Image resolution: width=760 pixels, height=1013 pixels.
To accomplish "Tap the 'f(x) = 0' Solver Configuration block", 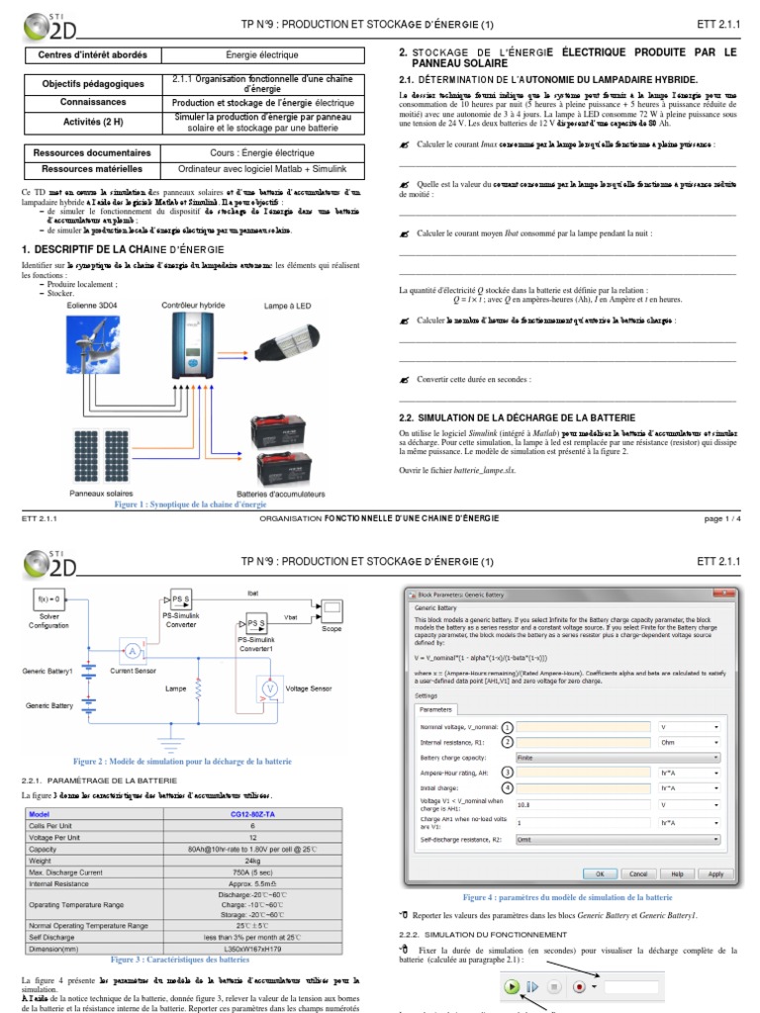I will pos(49,599).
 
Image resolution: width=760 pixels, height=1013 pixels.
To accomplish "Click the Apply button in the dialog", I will pos(716,874).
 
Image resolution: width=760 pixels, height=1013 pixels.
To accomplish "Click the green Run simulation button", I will pos(511,986).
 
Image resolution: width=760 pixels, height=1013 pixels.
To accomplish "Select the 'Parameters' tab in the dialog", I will pos(435,709).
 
